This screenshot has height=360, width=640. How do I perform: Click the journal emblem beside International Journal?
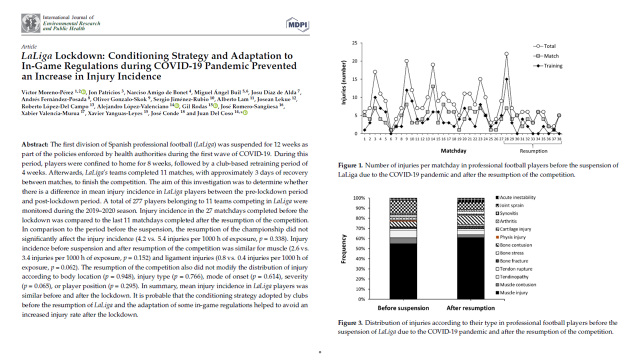[30, 23]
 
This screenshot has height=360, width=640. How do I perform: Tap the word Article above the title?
[29, 46]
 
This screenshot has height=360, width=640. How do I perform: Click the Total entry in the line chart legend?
[549, 46]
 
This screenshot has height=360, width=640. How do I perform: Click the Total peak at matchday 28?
[506, 53]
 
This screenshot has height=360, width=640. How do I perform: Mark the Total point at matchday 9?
[406, 61]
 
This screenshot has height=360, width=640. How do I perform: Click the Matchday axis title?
[453, 150]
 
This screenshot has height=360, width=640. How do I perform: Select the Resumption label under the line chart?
[533, 150]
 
